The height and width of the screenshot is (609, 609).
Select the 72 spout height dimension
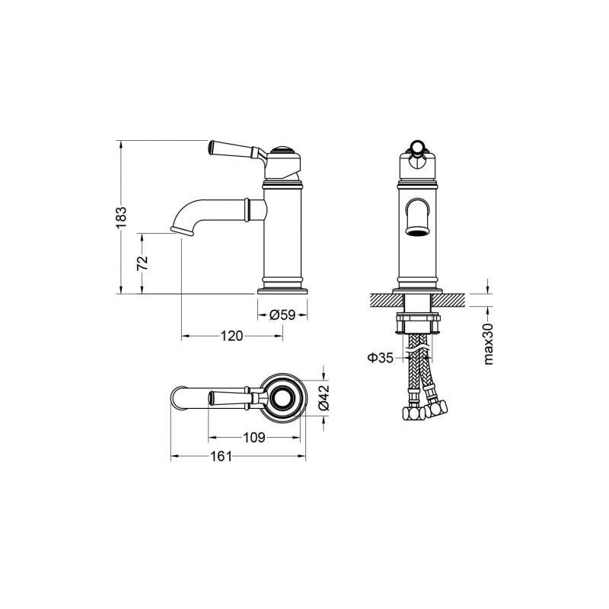[x=143, y=263]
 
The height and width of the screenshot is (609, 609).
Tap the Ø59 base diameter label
[x=282, y=314]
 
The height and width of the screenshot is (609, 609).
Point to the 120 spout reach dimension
[x=232, y=336]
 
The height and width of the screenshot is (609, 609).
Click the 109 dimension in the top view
[x=254, y=438]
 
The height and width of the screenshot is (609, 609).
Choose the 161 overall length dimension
[x=221, y=456]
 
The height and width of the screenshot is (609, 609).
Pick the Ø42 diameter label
[x=324, y=397]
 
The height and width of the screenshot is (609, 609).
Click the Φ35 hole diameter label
[x=381, y=357]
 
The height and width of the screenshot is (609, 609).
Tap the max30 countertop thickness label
[x=489, y=344]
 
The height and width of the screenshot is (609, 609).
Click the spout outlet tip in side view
[x=182, y=231]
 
